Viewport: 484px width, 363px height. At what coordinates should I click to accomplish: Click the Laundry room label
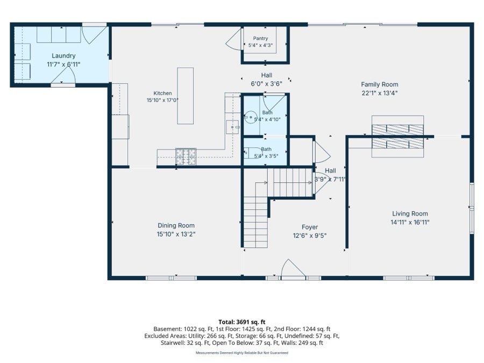coord(63,56)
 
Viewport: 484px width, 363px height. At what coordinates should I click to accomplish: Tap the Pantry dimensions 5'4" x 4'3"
coord(260,45)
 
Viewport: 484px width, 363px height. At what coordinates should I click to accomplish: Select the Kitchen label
coord(162,93)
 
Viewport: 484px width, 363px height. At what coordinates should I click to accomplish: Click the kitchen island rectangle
coord(185,96)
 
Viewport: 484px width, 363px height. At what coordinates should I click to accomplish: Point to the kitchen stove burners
coord(186,156)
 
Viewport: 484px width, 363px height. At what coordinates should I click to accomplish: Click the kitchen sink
coord(232,127)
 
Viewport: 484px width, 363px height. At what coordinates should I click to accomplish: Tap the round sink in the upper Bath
coord(251,117)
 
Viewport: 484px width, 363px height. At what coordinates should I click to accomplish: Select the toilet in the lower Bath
coord(248,153)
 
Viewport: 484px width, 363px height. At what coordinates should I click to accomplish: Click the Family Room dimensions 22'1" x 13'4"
coord(379,93)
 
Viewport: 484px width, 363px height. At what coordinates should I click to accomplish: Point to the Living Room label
coord(410,213)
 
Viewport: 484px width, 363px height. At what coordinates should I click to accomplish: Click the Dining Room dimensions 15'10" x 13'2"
coord(176,234)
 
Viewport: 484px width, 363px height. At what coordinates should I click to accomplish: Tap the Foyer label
coord(310,227)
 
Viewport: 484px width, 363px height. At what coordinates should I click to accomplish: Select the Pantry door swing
coord(234,39)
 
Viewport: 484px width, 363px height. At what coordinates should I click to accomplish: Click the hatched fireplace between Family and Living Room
coord(397,137)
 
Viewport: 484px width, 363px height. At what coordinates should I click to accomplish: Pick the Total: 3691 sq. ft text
coord(241,322)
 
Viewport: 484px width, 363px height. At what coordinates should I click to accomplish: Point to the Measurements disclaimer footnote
coord(241,353)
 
